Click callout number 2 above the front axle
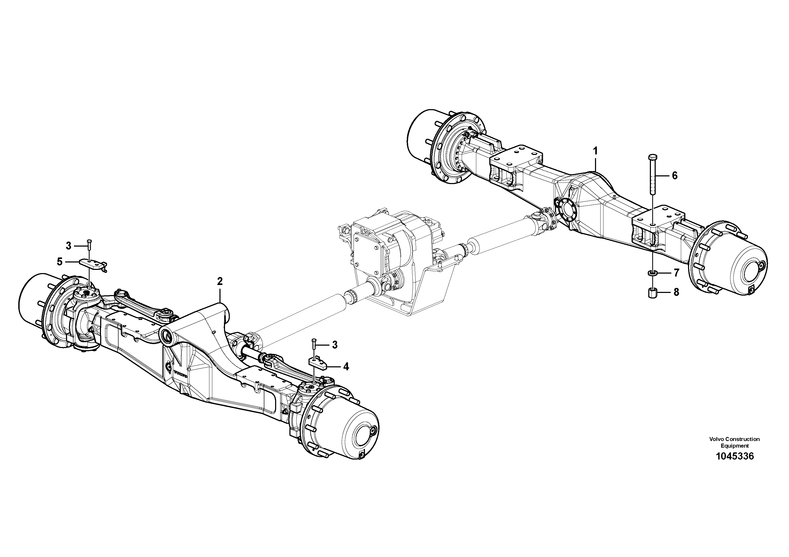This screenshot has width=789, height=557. pos(220,281)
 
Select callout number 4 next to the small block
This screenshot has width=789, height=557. pos(346,367)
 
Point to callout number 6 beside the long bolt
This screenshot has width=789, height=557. pos(675,176)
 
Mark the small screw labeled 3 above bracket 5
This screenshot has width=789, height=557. pos(89,245)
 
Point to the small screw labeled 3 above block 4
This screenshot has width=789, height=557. pos(314,344)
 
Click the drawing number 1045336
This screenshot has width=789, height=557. pos(735,456)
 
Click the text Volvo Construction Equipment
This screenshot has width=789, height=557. pos(734,442)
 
